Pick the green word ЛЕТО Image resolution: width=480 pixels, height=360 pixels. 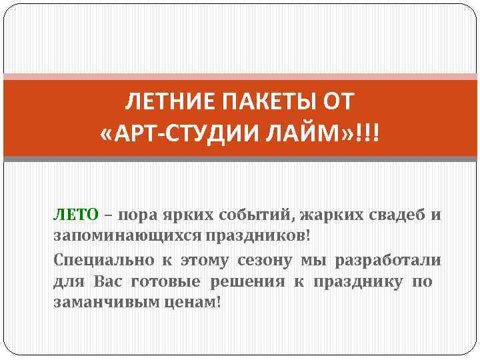[76, 215]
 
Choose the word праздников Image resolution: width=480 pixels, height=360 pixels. [258, 237]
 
